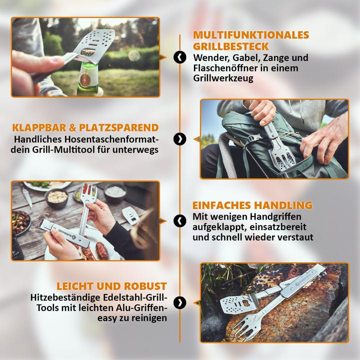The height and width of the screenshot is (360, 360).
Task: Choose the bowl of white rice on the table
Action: (x=115, y=192)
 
